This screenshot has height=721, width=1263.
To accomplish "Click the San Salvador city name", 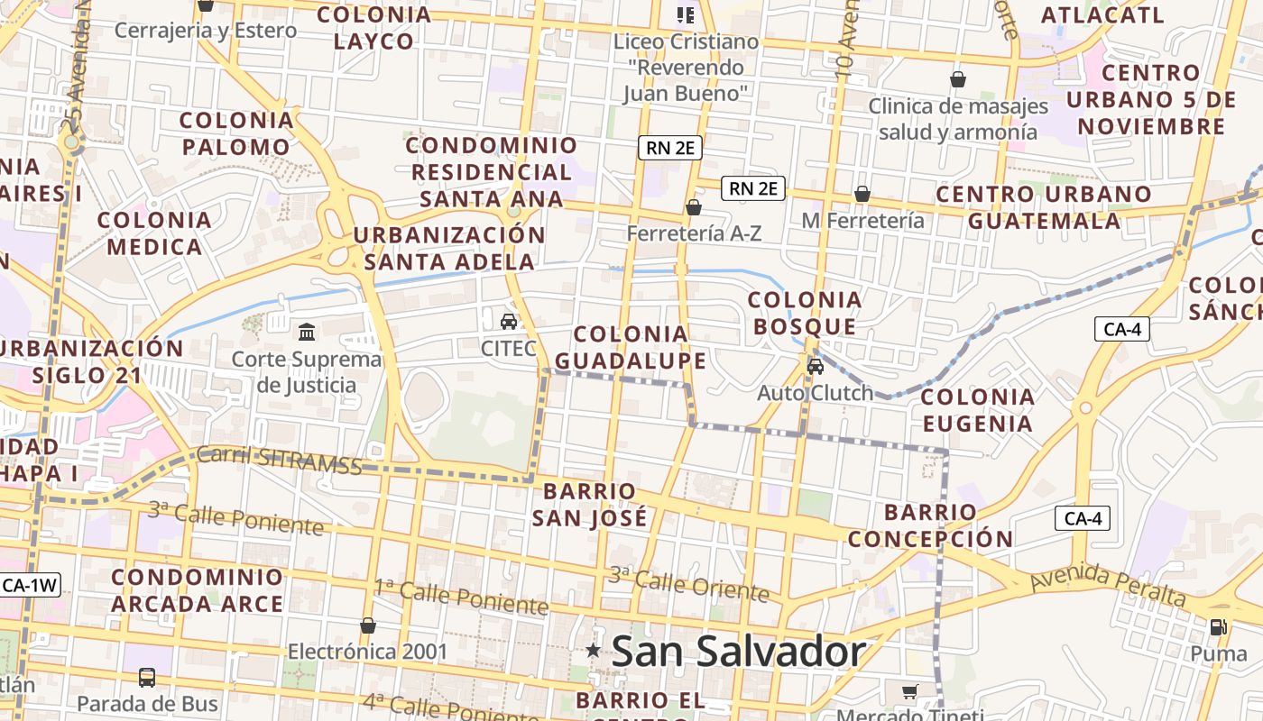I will pos(738,652).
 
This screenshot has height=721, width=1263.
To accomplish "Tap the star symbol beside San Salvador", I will pos(594,650).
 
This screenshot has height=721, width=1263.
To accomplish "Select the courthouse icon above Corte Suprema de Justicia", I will pos(307,332).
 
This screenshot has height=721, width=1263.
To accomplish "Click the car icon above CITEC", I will pos(509,321).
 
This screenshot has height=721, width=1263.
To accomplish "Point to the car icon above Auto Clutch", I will pos(816,366).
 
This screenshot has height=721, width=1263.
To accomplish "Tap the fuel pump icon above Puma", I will pos(1218,626).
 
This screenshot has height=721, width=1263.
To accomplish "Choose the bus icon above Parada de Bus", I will pos(147,677).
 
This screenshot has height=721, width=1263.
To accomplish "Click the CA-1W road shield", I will pos(30,585).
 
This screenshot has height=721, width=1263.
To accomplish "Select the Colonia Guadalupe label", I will pos(631,348).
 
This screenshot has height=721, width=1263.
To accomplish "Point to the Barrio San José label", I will pos(589,505).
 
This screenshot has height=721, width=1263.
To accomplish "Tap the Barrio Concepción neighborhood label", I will pos(930,525).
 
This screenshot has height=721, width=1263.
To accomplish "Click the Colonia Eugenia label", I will pos(977,410).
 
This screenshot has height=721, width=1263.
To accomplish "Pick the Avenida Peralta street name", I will pos(1107,584).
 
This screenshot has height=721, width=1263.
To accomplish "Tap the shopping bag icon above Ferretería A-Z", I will pos(693,207).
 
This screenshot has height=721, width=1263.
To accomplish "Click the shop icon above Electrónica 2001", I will pos(367,625).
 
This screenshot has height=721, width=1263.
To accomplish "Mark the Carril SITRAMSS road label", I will pos(279,460).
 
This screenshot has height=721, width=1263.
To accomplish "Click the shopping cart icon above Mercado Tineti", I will pos(910,691).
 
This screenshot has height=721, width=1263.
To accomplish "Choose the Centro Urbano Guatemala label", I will pos(1044,207).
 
